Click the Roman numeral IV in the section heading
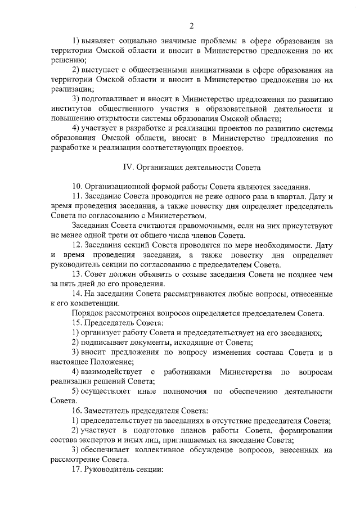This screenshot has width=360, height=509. pyautogui.click(x=128, y=167)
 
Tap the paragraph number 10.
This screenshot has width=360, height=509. pyautogui.click(x=77, y=187)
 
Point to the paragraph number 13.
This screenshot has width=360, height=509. pyautogui.click(x=77, y=274)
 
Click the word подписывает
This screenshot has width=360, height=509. pyautogui.click(x=105, y=343)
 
